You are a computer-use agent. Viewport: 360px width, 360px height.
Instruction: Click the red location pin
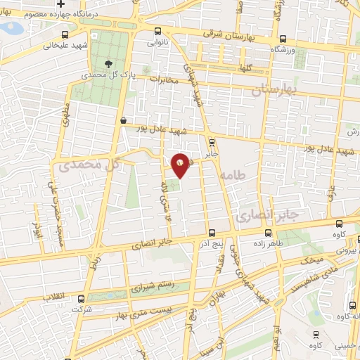tap(181, 164)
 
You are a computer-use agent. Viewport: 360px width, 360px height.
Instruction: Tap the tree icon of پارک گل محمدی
tap(108, 63)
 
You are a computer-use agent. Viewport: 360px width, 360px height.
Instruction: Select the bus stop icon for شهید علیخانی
tap(65, 34)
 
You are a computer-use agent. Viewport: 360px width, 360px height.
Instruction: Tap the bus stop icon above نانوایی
tap(158, 32)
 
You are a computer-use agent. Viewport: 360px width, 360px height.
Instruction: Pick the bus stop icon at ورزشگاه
tap(283, 39)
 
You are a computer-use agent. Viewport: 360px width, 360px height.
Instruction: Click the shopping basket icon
tap(124, 121)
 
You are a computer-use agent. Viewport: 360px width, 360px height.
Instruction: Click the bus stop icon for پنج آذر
tap(211, 233)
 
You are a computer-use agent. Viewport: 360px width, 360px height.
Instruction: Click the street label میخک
tap(310, 260)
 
